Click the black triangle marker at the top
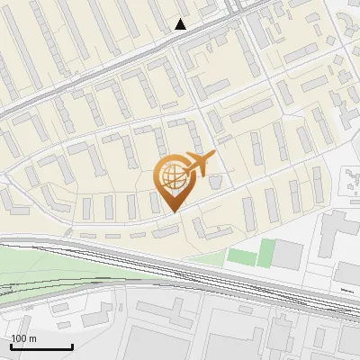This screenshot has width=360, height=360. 181,24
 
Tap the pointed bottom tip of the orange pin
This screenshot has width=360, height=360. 173,211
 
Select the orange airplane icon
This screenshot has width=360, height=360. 201,163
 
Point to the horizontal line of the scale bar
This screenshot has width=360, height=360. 41,347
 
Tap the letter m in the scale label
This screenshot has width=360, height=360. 32,339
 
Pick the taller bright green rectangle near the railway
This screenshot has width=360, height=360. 265,252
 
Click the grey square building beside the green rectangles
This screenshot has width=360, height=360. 289,254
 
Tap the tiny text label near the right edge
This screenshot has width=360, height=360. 347,291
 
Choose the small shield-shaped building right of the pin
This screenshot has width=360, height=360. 215,182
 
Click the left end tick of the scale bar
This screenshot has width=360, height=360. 11,346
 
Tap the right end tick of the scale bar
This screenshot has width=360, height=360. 72,346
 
